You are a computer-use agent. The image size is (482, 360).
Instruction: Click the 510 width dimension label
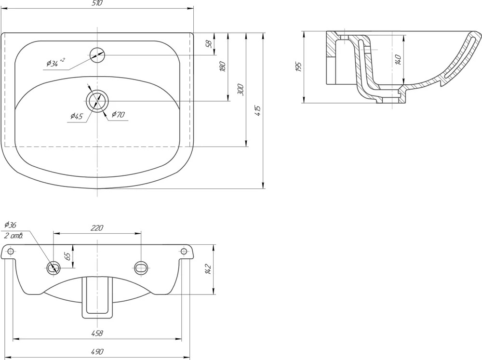(x=97, y=3)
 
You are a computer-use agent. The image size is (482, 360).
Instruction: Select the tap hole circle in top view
(x=97, y=55)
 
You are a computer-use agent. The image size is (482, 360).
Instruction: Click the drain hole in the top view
(x=97, y=101)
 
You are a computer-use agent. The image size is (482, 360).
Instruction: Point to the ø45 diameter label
(x=77, y=116)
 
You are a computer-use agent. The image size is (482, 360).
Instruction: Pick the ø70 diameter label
(x=118, y=114)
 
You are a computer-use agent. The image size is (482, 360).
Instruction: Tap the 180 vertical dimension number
(x=223, y=67)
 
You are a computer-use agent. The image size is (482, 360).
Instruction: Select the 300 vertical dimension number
(x=241, y=90)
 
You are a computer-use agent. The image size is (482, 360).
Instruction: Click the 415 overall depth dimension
(x=257, y=111)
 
